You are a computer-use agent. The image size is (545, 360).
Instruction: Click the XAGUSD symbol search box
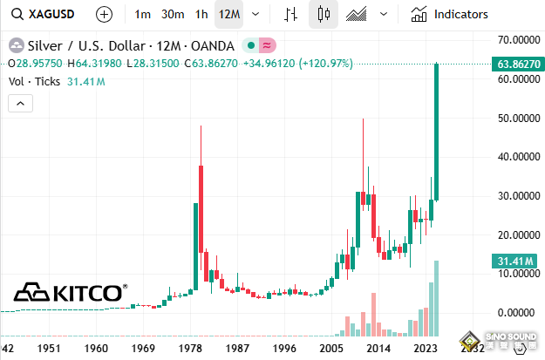click(x=44, y=15)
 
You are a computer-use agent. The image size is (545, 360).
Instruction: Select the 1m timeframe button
click(x=143, y=15)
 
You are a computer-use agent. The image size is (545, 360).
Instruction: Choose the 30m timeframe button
click(x=173, y=15)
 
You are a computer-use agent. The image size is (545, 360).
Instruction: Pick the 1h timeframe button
click(x=201, y=15)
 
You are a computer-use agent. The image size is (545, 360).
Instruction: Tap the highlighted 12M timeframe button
click(x=230, y=15)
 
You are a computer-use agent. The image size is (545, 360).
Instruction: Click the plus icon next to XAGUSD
click(x=104, y=15)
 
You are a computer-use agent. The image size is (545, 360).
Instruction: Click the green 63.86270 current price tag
click(x=514, y=65)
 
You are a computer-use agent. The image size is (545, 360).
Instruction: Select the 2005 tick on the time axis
click(x=330, y=349)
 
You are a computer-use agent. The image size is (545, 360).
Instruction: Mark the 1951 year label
click(x=48, y=349)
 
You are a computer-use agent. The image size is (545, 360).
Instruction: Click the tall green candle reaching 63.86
click(x=436, y=131)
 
